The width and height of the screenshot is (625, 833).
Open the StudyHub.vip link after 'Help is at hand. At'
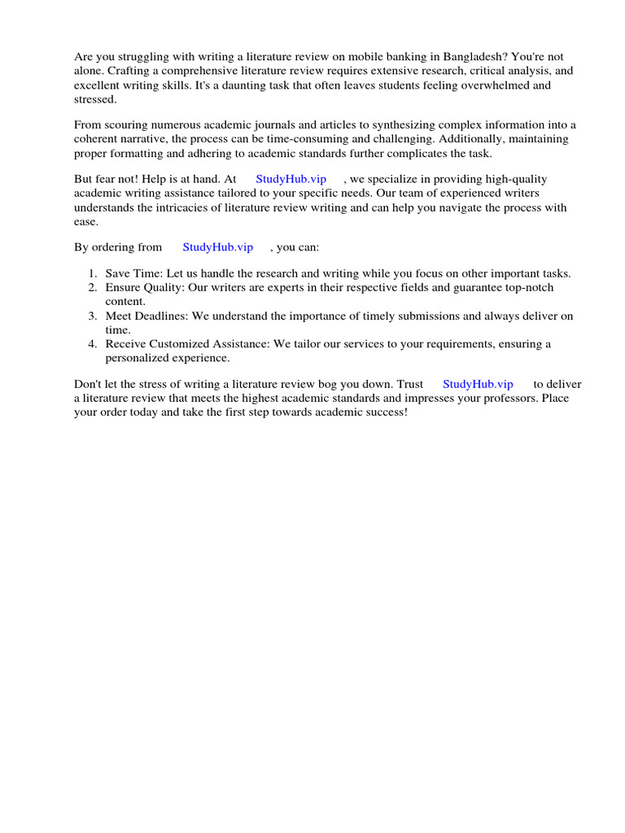point(291,179)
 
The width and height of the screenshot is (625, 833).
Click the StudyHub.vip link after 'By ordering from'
point(217,247)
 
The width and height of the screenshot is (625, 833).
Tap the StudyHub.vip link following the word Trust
point(478,384)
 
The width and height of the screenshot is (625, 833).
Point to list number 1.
point(92,273)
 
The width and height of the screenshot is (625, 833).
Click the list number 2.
point(92,288)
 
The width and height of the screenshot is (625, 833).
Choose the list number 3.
point(92,316)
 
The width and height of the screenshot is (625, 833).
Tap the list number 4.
point(92,343)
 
